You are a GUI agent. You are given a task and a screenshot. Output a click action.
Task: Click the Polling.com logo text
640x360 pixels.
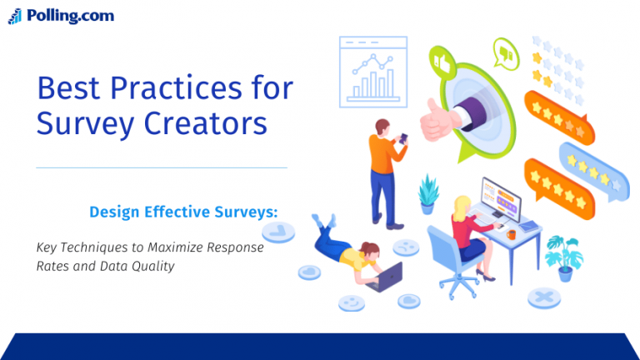click(70, 15)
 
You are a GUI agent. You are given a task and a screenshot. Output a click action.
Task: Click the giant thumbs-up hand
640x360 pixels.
click(442, 117)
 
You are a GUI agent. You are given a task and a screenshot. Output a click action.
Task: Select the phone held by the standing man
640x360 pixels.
click(403, 139)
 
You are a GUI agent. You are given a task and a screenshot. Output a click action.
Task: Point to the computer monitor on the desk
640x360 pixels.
click(500, 199)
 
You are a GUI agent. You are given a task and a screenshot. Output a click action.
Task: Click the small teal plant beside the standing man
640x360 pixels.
click(428, 191)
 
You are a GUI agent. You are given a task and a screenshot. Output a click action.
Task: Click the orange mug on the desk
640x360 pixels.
click(511, 235)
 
